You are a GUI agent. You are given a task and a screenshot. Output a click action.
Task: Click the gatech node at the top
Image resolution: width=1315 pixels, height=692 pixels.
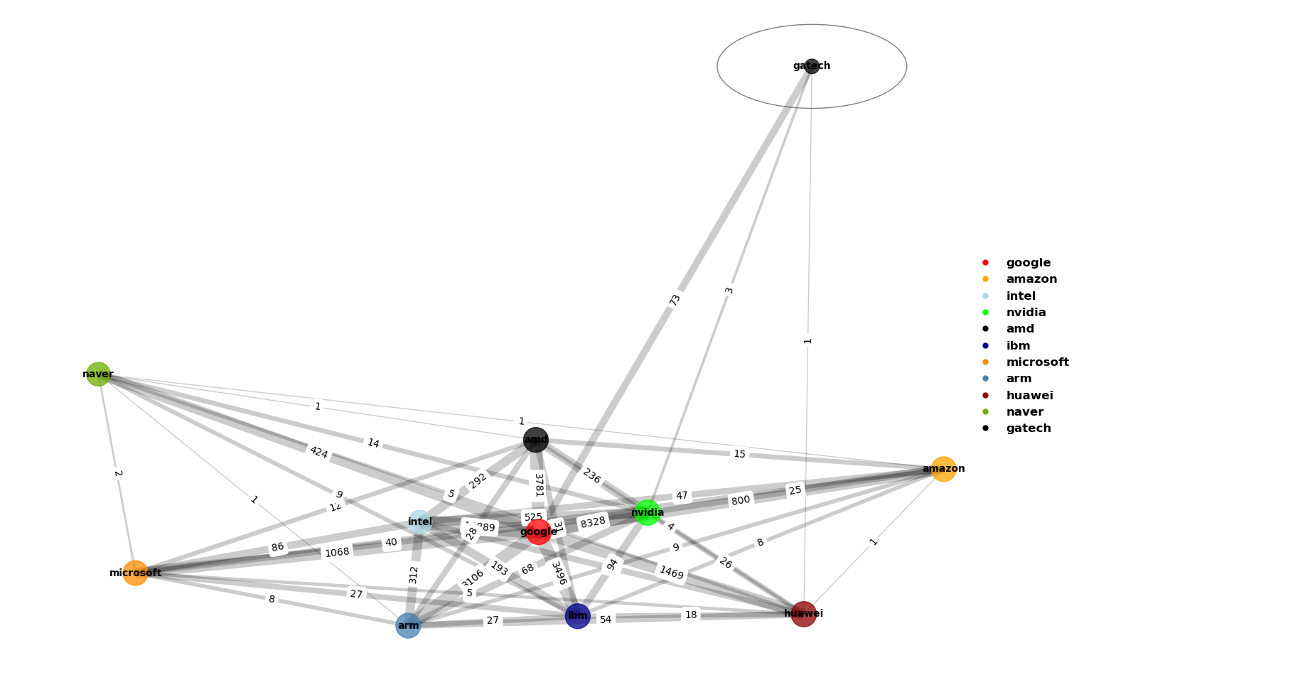click(x=812, y=66)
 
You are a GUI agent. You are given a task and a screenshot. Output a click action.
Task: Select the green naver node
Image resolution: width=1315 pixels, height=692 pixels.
click(x=98, y=374)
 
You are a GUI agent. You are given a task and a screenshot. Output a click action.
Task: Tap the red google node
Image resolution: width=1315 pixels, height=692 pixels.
click(x=538, y=531)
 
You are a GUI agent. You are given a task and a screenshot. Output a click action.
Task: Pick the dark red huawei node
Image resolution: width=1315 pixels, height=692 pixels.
click(x=803, y=614)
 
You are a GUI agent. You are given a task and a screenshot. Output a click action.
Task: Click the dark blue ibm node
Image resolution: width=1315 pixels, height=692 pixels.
click(x=577, y=616)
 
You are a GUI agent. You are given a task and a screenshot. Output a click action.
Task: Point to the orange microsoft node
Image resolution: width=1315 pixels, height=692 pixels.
click(x=135, y=573)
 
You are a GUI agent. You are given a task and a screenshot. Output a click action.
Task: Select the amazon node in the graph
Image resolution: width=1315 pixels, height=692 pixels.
click(x=943, y=469)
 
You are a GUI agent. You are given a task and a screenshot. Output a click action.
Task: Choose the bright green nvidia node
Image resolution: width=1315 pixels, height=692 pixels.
click(x=647, y=512)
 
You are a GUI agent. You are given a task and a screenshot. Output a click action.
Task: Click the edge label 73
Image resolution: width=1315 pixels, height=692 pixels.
click(x=675, y=300)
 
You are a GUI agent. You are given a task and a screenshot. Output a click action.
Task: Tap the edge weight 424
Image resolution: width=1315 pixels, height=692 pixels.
click(x=318, y=452)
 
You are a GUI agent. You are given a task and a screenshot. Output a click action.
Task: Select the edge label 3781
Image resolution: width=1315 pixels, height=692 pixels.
click(x=539, y=485)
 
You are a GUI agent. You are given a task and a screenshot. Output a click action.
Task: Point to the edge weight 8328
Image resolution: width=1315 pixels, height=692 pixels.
click(x=593, y=522)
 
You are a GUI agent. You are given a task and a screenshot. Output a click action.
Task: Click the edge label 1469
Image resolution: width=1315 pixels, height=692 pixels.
click(x=671, y=572)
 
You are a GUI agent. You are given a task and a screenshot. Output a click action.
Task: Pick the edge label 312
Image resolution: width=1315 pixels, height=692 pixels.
click(x=414, y=575)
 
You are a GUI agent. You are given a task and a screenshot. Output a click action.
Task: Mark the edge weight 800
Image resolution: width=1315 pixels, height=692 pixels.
click(x=740, y=500)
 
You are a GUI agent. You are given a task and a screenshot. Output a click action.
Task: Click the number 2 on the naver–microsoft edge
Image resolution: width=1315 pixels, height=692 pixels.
click(x=118, y=473)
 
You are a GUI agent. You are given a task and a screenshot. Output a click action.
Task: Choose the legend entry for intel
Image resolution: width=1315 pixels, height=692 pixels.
click(x=1020, y=296)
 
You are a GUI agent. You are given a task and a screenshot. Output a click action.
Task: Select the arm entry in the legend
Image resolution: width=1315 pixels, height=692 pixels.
click(x=1018, y=379)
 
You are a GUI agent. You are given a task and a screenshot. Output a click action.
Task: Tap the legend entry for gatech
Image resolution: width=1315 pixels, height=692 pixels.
click(x=1027, y=428)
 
